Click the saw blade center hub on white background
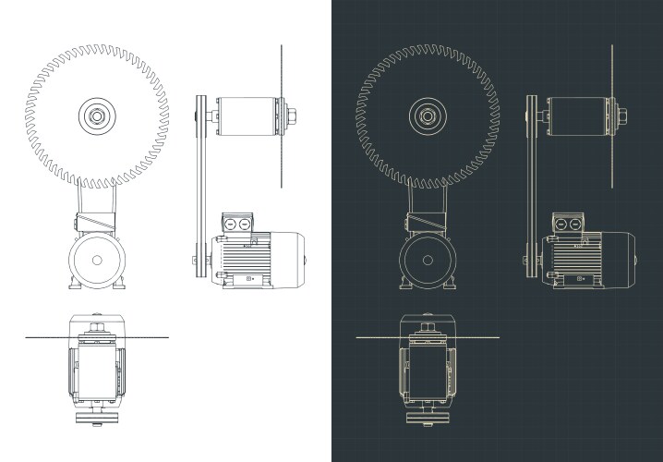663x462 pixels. (x=96, y=116)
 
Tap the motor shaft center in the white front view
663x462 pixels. (x=96, y=260)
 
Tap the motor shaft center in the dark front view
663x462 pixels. (x=427, y=260)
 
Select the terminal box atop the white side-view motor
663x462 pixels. (x=236, y=224)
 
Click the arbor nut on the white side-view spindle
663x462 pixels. (x=292, y=116)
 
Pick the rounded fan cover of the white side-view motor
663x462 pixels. (x=295, y=259)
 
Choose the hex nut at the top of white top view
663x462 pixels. (x=96, y=327)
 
